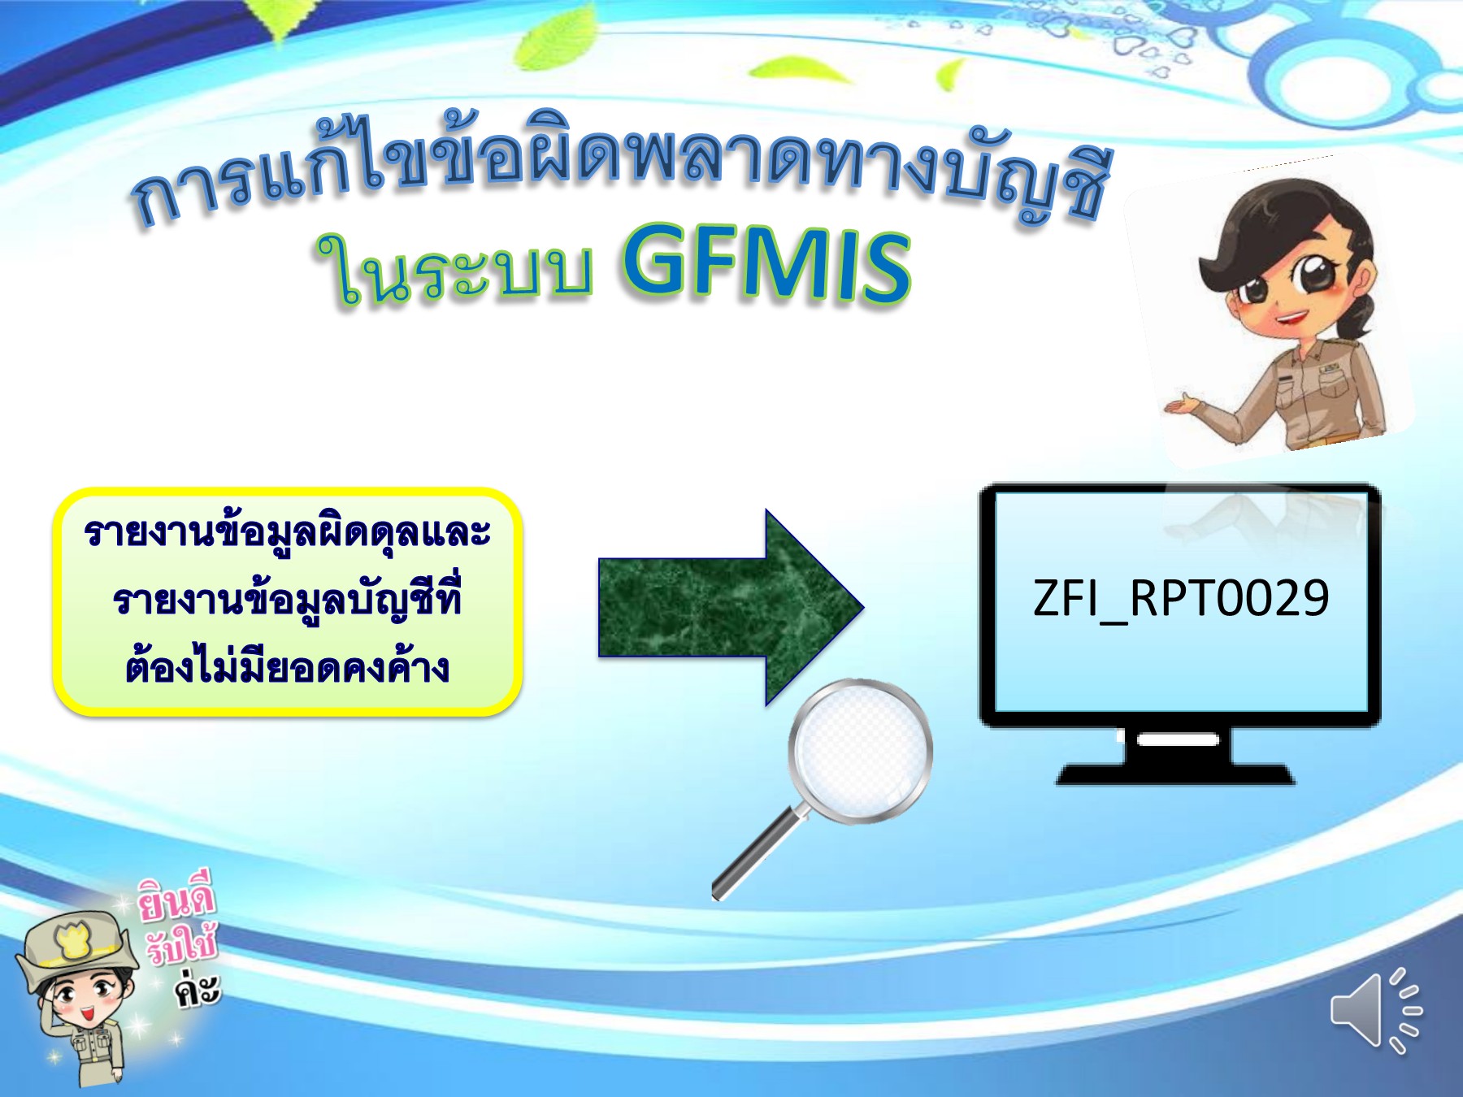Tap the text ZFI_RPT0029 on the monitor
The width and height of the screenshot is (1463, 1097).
(1180, 599)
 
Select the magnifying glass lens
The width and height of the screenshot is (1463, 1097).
(860, 749)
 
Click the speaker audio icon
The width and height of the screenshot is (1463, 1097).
(1374, 1009)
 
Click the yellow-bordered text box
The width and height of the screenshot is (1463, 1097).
(288, 601)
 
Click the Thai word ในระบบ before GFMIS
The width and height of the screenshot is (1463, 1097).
(455, 268)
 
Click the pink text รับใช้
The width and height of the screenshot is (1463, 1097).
(182, 945)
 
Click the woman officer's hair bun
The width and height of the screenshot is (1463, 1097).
(1357, 317)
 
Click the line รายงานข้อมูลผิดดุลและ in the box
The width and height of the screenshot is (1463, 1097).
(288, 533)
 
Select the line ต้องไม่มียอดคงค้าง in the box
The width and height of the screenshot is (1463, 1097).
(288, 668)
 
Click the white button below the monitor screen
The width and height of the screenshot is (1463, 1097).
(1178, 739)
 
